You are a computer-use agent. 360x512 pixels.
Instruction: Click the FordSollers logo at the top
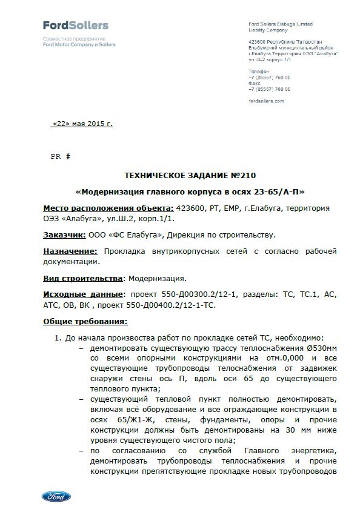(76, 25)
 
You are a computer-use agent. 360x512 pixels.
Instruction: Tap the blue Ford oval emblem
(56, 496)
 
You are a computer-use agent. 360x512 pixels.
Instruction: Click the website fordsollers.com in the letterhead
(265, 101)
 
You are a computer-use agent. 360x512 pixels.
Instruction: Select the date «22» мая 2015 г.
(82, 124)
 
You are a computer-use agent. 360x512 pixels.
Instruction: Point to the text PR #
(60, 156)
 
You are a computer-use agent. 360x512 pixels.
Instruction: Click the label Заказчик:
(64, 234)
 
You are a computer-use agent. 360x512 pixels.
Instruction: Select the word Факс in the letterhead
(254, 83)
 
